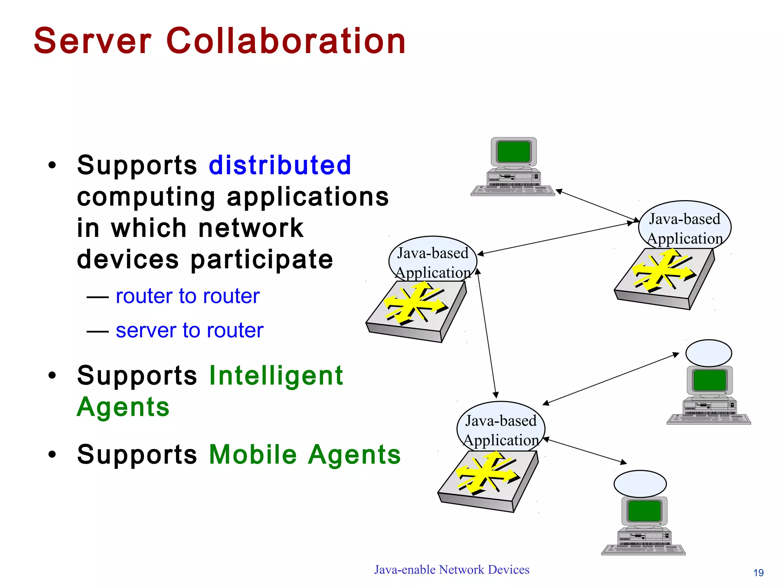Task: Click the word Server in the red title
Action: click(92, 41)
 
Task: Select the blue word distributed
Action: click(280, 165)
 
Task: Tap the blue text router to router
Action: click(188, 296)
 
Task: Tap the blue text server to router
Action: click(189, 330)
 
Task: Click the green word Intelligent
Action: click(276, 376)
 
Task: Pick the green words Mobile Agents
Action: click(305, 455)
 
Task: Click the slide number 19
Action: click(758, 573)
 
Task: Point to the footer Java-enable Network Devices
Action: click(452, 570)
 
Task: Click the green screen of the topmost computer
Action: click(513, 152)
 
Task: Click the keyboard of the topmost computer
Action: click(513, 190)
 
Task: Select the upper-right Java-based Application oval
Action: click(684, 226)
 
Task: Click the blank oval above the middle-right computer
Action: click(709, 353)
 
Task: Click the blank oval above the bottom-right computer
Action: click(640, 484)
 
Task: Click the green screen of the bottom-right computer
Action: click(644, 511)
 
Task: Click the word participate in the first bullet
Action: click(262, 260)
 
